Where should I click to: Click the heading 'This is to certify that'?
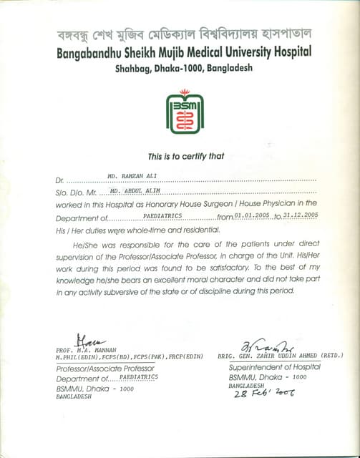tap(185, 156)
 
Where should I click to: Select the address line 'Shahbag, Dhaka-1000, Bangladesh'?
tap(185, 69)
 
